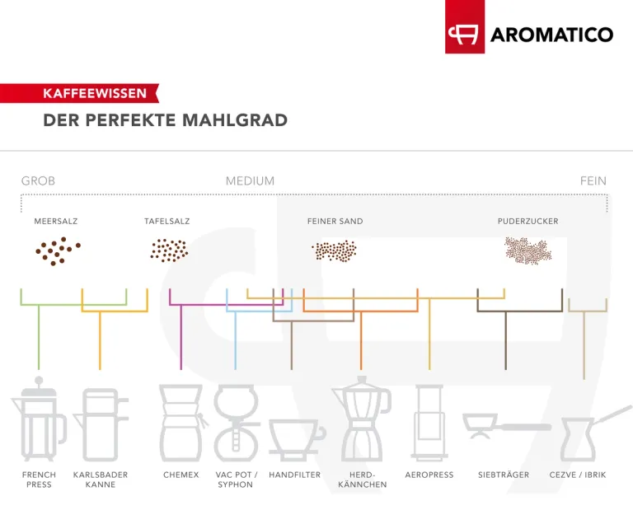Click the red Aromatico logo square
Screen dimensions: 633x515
click(465, 26)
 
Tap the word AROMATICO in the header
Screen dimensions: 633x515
click(552, 35)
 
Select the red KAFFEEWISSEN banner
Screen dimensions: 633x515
click(79, 93)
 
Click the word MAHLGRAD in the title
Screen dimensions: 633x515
click(235, 119)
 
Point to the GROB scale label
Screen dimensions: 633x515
click(38, 180)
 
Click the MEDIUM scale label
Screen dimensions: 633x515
click(250, 180)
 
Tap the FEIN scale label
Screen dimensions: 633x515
click(593, 180)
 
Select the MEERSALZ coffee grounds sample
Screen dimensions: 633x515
click(58, 251)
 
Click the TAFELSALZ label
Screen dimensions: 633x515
click(166, 221)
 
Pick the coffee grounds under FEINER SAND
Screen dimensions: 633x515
click(335, 251)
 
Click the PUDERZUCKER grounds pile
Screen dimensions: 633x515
click(527, 250)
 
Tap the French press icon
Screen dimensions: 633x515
click(39, 419)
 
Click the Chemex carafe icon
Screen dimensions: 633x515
click(181, 423)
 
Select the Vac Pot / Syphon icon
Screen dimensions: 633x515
click(237, 423)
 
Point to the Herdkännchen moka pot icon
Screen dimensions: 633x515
click(362, 419)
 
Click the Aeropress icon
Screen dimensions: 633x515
click(429, 423)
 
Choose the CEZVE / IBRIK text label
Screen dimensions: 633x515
click(578, 475)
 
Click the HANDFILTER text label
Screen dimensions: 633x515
click(295, 475)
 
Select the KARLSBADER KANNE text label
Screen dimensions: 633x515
click(101, 480)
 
